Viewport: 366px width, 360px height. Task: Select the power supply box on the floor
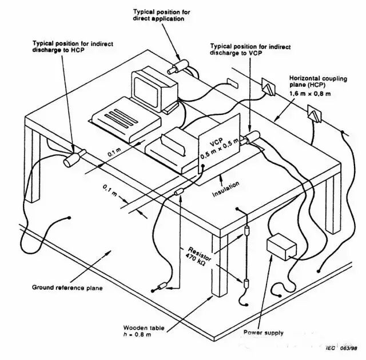pos(281,247)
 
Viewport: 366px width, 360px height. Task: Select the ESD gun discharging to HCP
pos(74,157)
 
